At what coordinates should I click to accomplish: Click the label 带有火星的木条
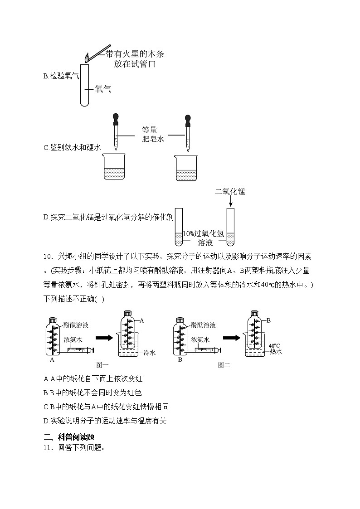coord(134,54)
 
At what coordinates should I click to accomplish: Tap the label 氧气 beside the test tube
coord(103,89)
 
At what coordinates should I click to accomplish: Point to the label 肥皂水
coord(152,139)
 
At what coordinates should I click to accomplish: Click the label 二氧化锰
coord(230,192)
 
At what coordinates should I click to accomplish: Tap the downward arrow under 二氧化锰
coord(230,202)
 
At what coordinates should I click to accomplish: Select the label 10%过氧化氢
coord(203,234)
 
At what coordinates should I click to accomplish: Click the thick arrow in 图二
coord(230,338)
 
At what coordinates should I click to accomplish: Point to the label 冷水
coord(149,353)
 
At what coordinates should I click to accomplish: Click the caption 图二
coord(224,364)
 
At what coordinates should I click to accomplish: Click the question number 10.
coord(49,256)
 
